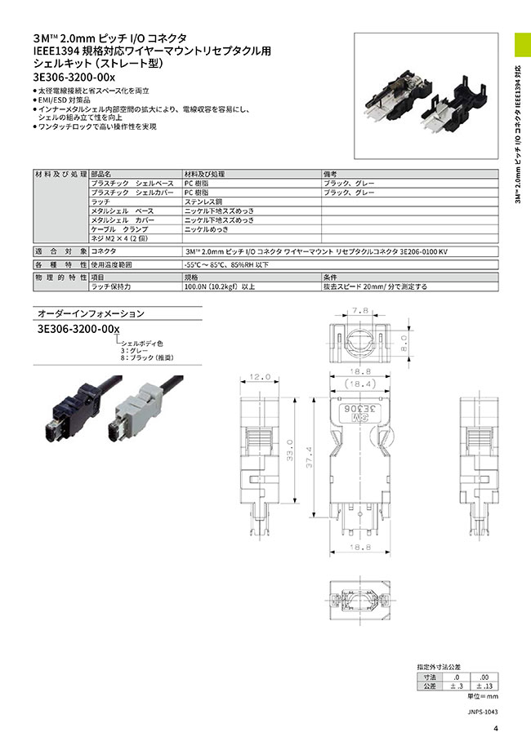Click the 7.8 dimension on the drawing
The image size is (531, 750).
coord(359,310)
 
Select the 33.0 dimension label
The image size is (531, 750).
coord(291,450)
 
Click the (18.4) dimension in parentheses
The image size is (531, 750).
coord(359,382)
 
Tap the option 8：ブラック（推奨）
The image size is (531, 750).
coord(148,357)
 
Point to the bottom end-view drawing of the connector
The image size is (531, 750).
coord(359,598)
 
